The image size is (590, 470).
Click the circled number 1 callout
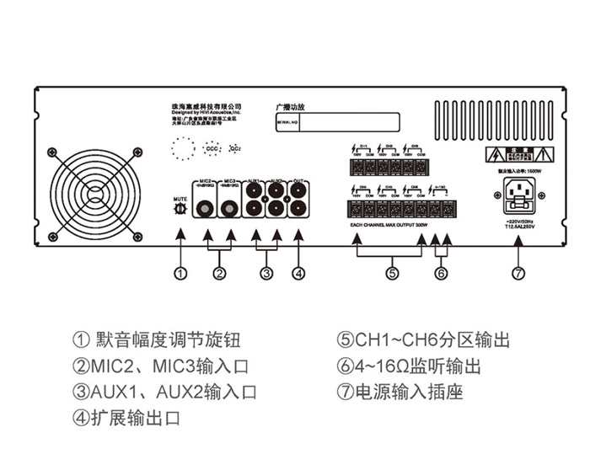pyautogui.click(x=180, y=272)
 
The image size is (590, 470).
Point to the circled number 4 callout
pyautogui.click(x=298, y=272)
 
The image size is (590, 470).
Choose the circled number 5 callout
pyautogui.click(x=391, y=272)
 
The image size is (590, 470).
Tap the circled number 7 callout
pyautogui.click(x=518, y=272)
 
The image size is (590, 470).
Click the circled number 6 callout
pyautogui.click(x=441, y=272)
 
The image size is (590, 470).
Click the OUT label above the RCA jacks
pyautogui.click(x=298, y=180)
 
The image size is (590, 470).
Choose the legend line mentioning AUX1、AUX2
pyautogui.click(x=164, y=392)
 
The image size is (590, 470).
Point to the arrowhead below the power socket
pyautogui.click(x=518, y=239)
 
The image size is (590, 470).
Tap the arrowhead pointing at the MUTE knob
pyautogui.click(x=180, y=238)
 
